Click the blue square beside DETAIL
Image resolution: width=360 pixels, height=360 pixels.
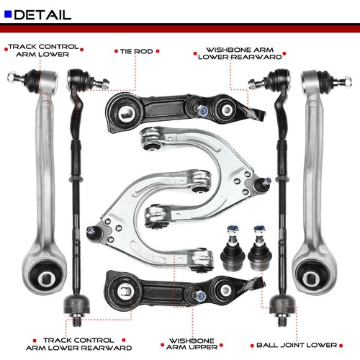[8, 14]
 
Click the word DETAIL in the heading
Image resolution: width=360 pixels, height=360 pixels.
[42, 15]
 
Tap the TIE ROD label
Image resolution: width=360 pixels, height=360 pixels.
[137, 51]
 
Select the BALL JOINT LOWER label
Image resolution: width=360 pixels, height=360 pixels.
[297, 345]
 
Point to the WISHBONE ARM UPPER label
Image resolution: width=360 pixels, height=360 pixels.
[192, 344]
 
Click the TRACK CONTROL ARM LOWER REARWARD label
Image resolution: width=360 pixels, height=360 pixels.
[78, 344]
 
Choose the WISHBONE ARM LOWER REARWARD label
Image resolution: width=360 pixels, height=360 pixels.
[240, 53]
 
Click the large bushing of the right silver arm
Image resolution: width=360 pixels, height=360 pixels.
[312, 276]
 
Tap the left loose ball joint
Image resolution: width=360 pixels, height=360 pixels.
[233, 247]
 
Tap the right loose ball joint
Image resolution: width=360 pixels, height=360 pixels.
[260, 247]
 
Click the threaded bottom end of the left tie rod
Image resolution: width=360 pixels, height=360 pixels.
[77, 320]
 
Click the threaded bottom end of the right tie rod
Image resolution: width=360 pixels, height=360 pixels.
[282, 320]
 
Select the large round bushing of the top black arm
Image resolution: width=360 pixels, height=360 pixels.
[125, 112]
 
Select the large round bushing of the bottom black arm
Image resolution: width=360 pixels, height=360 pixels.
[125, 291]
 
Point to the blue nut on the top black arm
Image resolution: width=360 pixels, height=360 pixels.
[203, 111]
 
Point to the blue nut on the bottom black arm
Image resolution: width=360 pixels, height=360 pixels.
[200, 296]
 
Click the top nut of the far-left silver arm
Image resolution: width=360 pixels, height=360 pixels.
[12, 77]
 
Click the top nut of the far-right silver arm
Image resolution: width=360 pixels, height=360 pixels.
[347, 81]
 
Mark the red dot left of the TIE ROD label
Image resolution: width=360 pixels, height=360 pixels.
[116, 51]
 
